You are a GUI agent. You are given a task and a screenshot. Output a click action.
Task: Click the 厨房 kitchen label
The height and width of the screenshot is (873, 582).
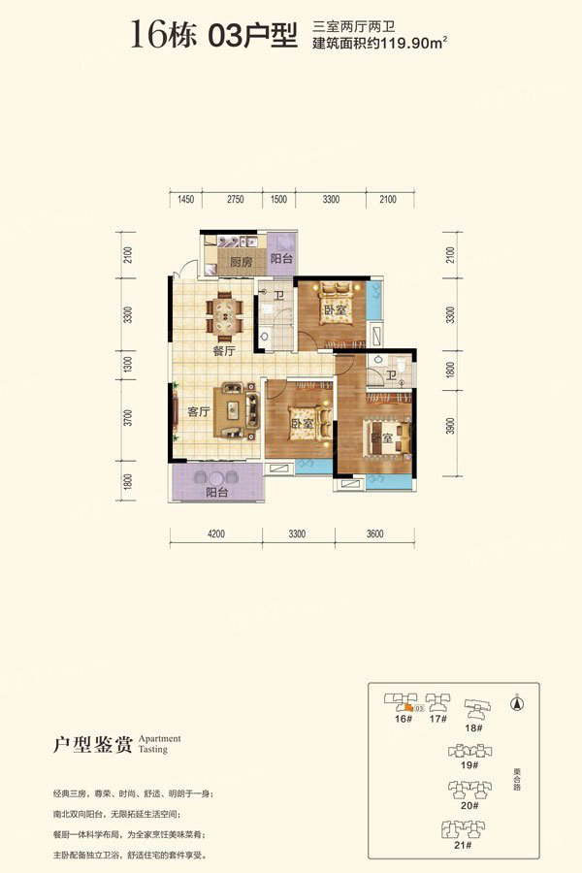point(241,262)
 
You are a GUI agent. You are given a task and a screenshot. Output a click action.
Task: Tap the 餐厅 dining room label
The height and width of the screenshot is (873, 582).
point(224,351)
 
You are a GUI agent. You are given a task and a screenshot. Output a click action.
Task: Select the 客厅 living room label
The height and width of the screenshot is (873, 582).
point(200,411)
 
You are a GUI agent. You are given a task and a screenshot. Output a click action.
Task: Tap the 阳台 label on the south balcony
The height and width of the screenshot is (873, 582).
point(218,492)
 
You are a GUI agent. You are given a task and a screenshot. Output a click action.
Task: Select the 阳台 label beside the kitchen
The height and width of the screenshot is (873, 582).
point(281,259)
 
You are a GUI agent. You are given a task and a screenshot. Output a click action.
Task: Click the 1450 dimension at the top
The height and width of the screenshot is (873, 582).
point(187,200)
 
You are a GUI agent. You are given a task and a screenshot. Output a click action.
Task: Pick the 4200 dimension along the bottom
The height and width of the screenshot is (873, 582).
point(215,533)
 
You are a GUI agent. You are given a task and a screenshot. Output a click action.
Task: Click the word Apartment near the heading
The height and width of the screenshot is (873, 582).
point(160,738)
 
